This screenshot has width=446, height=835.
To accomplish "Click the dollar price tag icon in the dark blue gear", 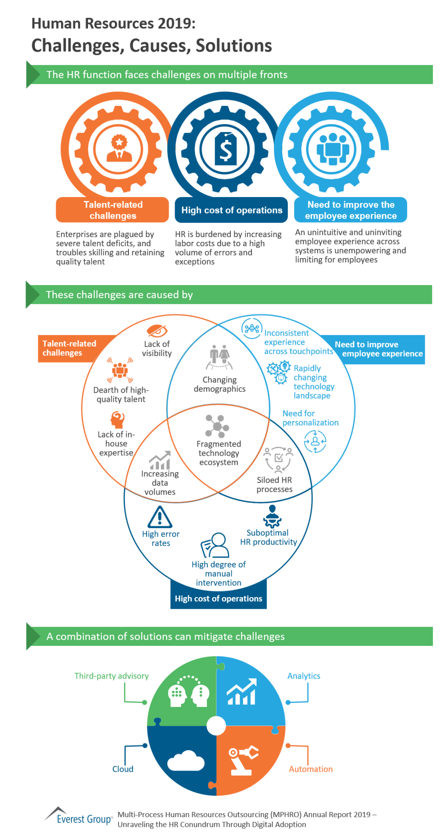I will coord(226,149).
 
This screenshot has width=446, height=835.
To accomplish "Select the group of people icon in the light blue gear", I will coord(333,149).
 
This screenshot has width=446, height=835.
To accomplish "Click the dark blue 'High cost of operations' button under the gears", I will coord(232,210).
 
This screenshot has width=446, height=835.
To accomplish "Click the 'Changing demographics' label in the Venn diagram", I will coord(220,384).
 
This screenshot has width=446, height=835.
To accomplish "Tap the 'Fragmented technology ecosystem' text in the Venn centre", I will coord(219,453).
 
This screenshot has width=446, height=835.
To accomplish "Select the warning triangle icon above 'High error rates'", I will coord(160,517).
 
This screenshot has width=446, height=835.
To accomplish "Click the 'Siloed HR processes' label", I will coord(274,484).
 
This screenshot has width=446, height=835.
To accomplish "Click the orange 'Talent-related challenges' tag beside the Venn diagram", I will coord(69,348).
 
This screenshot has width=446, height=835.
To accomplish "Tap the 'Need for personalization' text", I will coord(310,418).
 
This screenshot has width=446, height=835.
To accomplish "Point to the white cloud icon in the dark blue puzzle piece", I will coord(186,761).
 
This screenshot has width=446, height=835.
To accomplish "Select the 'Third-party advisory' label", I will coord(111,676).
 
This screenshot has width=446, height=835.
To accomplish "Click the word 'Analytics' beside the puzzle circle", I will coord(304,676).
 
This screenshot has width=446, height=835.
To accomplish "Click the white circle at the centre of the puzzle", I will coord(216,726).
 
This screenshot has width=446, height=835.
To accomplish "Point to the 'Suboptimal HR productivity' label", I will coord(268,537).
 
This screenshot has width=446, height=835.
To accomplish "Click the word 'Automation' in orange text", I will coord(311,769).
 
